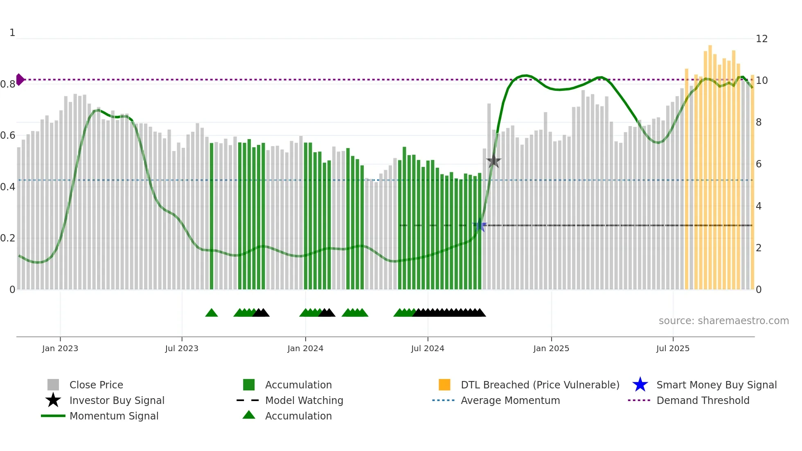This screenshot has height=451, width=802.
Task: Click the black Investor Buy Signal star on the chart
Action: click(x=493, y=161)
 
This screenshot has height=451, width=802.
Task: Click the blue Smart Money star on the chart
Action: click(x=480, y=225)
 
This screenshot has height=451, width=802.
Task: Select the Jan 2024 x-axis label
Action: click(x=305, y=348)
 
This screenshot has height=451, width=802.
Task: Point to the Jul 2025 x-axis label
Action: click(x=673, y=348)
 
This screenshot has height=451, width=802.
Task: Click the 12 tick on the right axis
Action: click(x=761, y=39)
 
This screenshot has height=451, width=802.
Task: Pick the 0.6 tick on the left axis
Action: click(x=7, y=135)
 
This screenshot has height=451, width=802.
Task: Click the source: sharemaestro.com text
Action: click(x=723, y=321)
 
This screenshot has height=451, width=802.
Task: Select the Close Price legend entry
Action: click(x=96, y=385)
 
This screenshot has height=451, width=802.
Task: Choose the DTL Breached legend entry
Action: click(x=540, y=385)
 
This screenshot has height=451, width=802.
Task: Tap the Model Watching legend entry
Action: click(x=304, y=400)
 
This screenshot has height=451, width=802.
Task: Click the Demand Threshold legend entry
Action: click(x=703, y=400)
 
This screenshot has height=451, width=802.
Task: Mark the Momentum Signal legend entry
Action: click(x=114, y=416)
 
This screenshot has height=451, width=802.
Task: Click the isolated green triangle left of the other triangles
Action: click(x=212, y=313)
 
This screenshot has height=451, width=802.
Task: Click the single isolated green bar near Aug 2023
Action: click(x=212, y=217)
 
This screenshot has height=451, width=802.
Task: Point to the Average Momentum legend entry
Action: click(x=510, y=400)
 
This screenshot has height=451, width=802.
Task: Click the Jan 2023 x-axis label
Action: click(x=60, y=348)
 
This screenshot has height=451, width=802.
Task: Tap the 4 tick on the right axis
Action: click(x=759, y=206)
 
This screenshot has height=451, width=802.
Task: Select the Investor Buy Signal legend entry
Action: click(x=117, y=400)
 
